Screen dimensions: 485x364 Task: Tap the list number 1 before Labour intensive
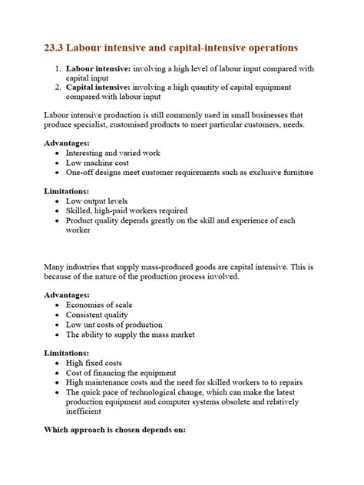[x=58, y=69]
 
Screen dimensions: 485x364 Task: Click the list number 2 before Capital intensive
[x=58, y=89]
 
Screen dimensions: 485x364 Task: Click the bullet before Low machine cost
[x=59, y=163]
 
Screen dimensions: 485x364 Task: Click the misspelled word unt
[x=91, y=324]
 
